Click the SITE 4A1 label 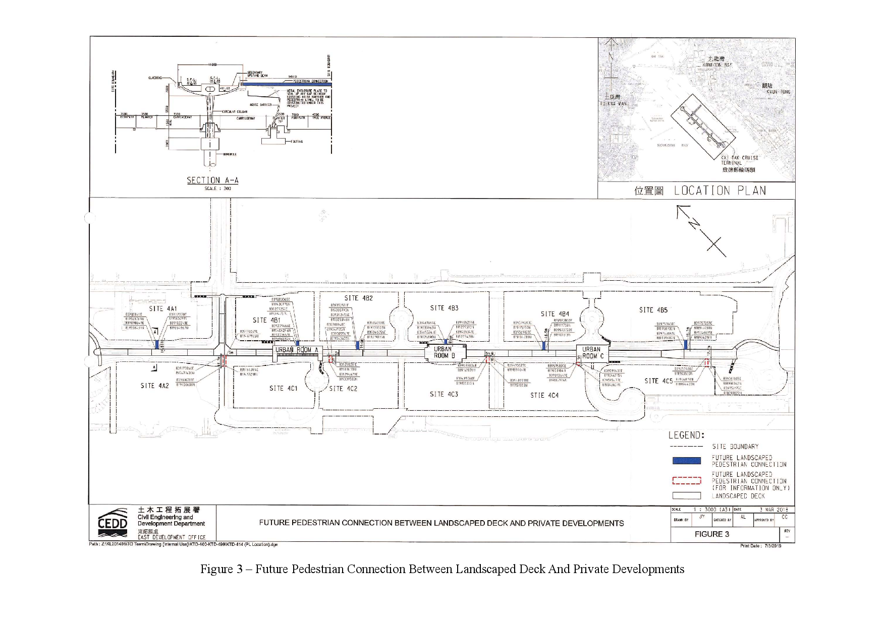click(x=162, y=308)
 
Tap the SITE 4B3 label click(x=444, y=308)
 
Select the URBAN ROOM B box click(x=444, y=352)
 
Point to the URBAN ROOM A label click(x=297, y=350)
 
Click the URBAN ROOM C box click(x=592, y=352)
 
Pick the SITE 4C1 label click(x=283, y=388)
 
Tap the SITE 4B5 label click(x=653, y=310)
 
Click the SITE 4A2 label click(x=154, y=386)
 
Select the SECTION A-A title click(x=212, y=180)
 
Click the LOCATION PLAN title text click(x=720, y=191)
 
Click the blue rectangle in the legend click(x=686, y=461)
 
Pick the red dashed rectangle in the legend click(x=686, y=480)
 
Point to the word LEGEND click(x=686, y=435)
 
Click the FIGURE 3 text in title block click(x=711, y=534)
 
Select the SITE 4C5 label click(x=658, y=381)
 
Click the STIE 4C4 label click(x=544, y=395)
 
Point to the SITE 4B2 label click(x=358, y=298)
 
